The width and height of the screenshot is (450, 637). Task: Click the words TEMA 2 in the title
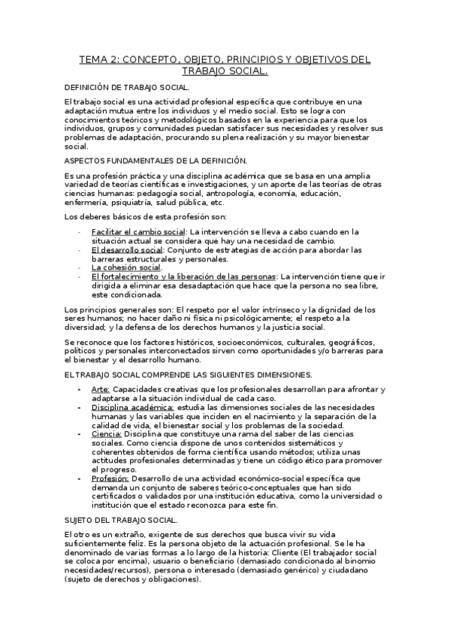tap(99, 59)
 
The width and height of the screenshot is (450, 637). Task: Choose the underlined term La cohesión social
tap(126, 267)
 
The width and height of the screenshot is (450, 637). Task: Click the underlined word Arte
tap(101, 389)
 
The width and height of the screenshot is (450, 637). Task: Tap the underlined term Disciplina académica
tap(132, 407)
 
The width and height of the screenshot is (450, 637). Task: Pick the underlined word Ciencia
tap(107, 434)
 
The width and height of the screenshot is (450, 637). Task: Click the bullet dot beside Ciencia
tap(80, 434)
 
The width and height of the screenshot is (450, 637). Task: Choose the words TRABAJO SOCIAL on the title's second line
tap(225, 71)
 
